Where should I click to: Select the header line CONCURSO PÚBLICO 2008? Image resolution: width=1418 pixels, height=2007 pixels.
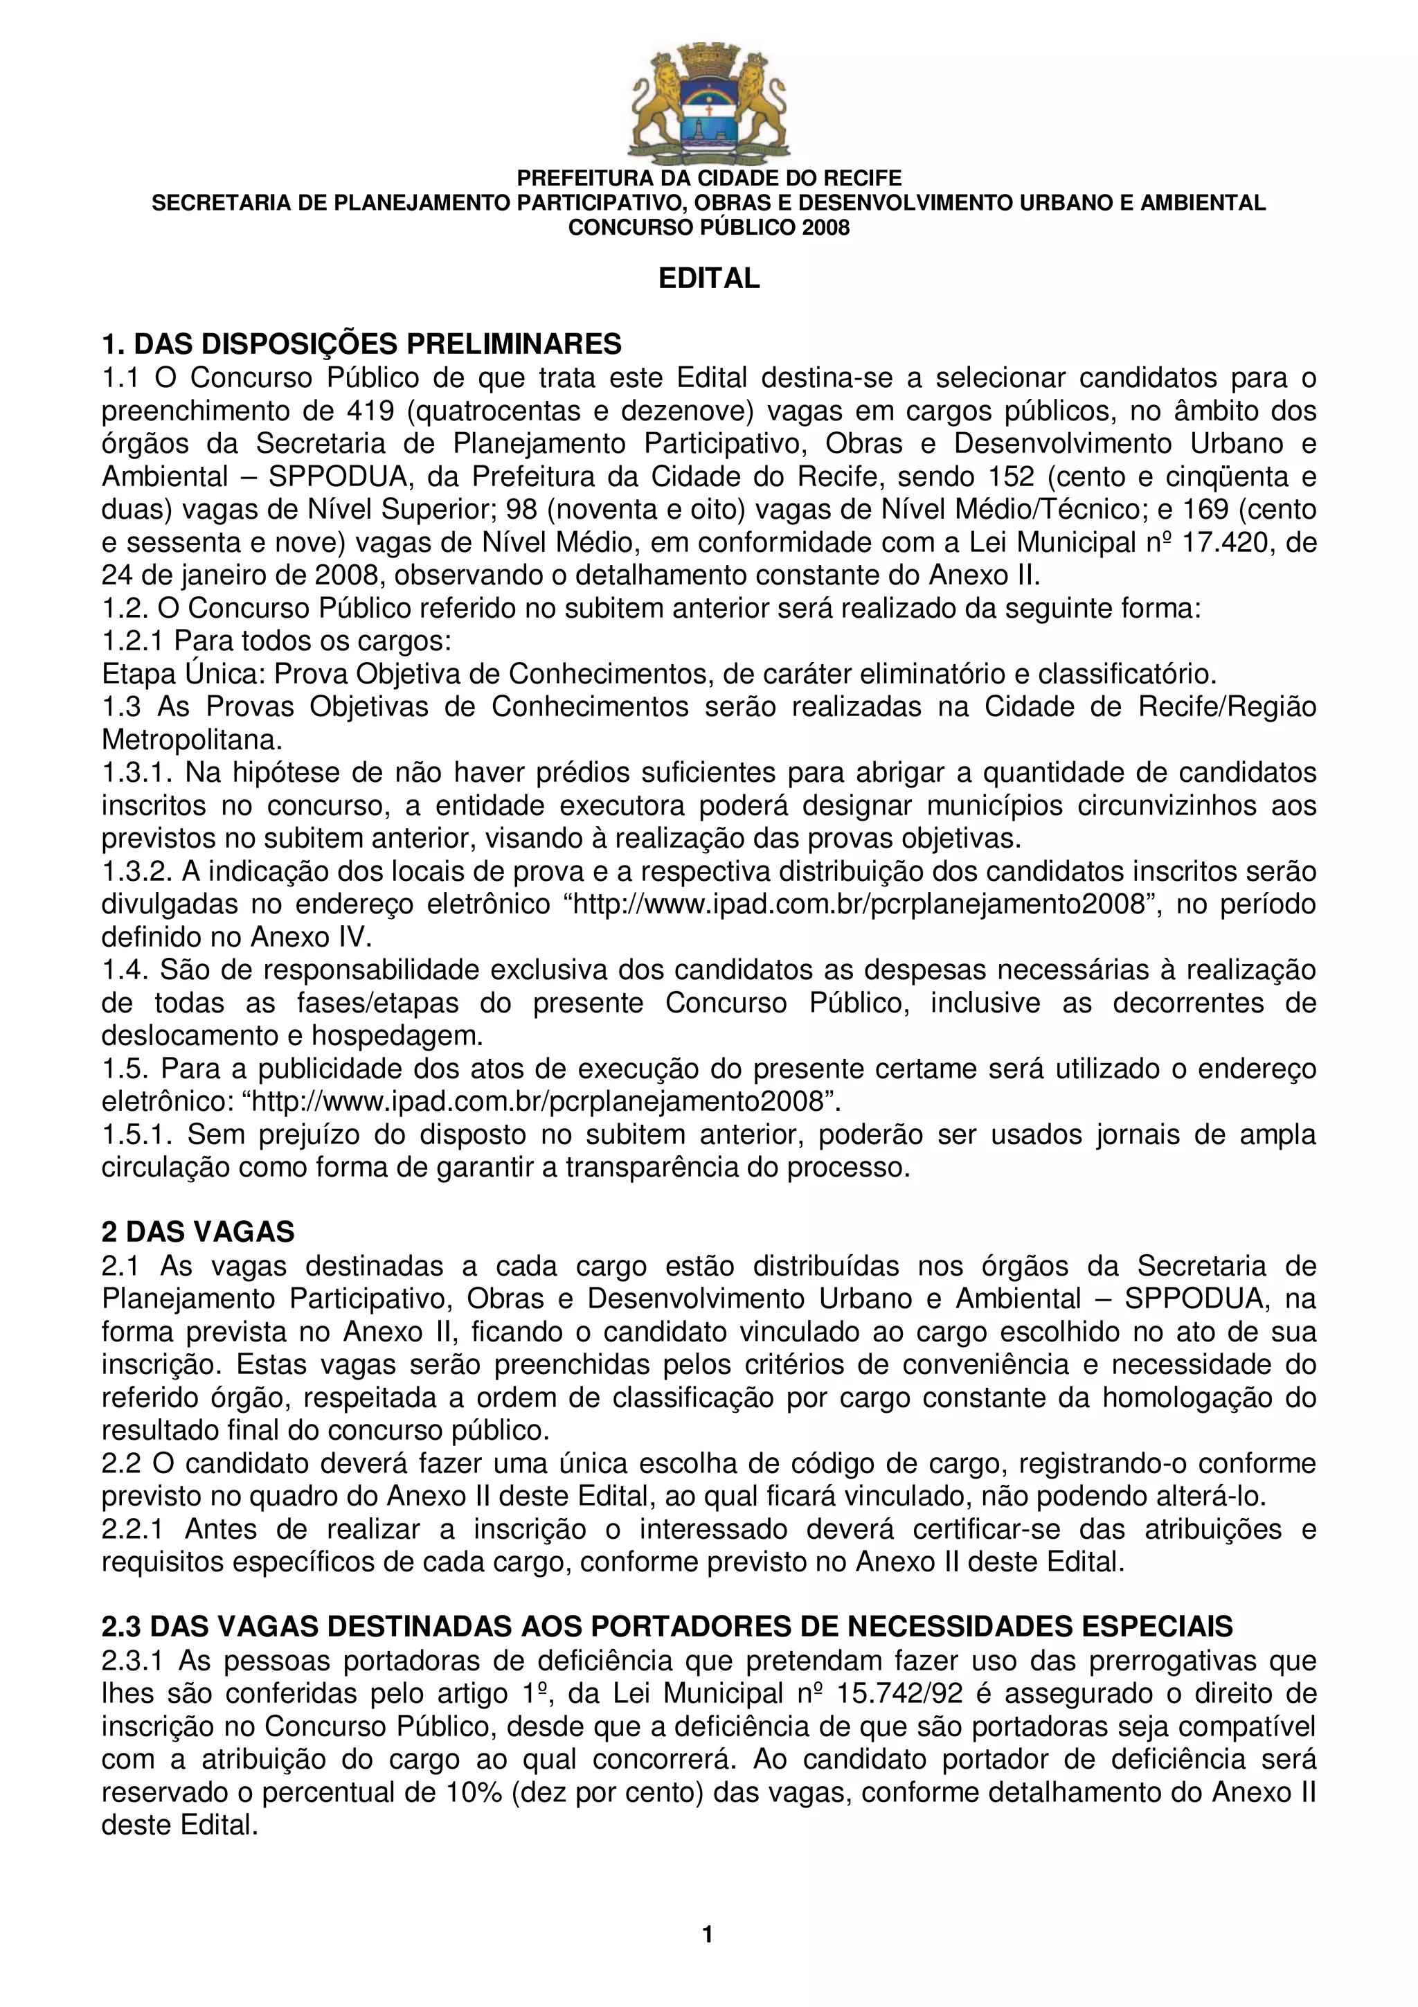(x=708, y=228)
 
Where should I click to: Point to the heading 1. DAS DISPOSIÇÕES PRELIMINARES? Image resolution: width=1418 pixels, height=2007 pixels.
(x=361, y=344)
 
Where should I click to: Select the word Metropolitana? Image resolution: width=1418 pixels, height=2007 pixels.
(x=192, y=740)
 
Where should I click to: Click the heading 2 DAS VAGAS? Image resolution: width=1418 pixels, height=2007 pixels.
(x=198, y=1231)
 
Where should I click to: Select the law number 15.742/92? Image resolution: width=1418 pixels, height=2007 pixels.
(x=899, y=1694)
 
